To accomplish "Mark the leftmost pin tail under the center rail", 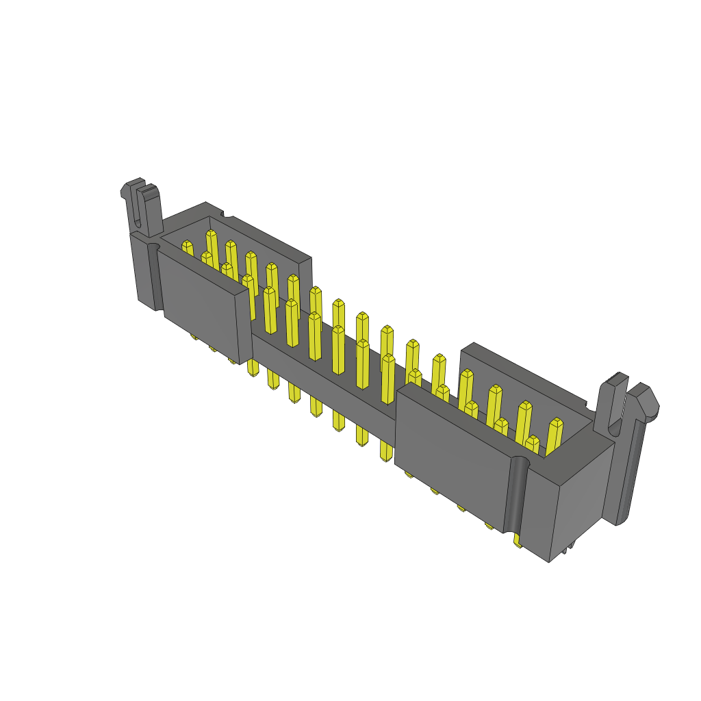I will [x=253, y=368].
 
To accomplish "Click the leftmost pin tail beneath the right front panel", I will [x=408, y=474].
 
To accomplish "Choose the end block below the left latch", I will [x=144, y=274].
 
